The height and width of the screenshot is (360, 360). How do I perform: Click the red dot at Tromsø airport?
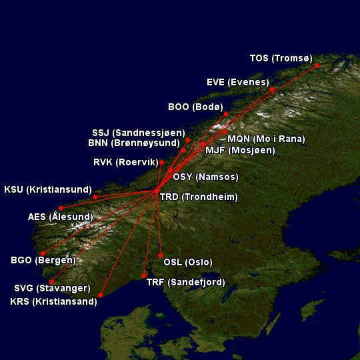[x=317, y=65]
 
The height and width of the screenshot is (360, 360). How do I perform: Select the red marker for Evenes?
[x=273, y=89]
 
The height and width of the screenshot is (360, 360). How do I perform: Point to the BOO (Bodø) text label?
[x=195, y=107]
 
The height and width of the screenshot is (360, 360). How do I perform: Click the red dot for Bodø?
[x=226, y=114]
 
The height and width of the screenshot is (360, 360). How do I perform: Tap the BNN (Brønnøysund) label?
[x=134, y=143]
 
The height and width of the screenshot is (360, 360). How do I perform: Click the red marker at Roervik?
[x=162, y=162]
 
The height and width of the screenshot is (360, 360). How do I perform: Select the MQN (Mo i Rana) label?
[x=266, y=139]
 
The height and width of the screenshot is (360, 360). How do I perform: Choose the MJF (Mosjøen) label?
[x=240, y=150]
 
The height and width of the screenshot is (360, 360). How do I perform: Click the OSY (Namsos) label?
[x=205, y=177]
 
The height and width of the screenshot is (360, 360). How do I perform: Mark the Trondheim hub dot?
[x=156, y=191]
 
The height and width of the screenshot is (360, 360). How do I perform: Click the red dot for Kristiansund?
[x=95, y=197]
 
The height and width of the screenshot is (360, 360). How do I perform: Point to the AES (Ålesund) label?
[x=61, y=217]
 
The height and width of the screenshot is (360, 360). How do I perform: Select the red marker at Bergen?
[x=43, y=253]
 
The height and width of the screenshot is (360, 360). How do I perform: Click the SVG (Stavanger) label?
[x=52, y=289]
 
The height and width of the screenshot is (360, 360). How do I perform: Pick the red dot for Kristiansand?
[x=101, y=295]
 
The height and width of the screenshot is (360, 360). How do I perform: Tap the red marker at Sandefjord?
[x=144, y=275]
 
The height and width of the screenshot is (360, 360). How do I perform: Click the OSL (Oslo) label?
[x=188, y=262]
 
